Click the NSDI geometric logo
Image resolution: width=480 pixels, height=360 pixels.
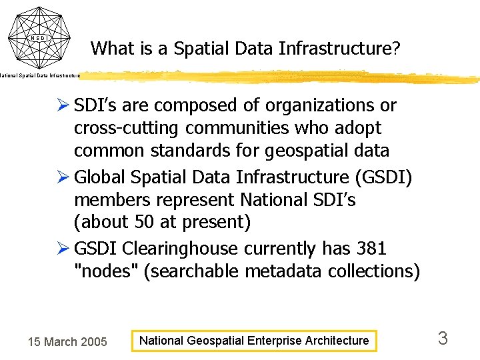point(39,37)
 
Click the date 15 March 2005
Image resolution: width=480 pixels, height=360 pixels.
point(67,342)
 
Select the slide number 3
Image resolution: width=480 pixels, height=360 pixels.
point(443,338)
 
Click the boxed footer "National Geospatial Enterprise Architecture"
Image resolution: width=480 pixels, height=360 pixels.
point(253,341)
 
